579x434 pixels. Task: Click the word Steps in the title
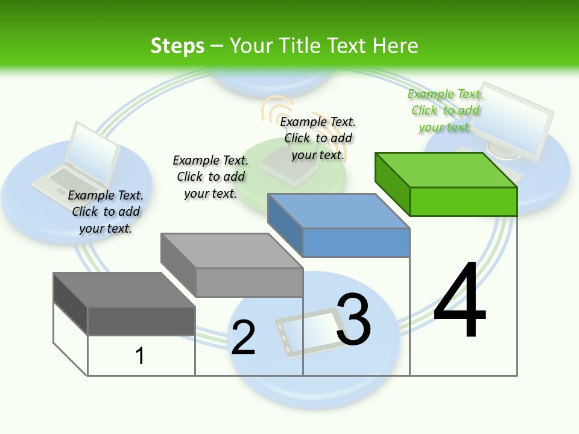[177, 46]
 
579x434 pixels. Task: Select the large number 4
[460, 301]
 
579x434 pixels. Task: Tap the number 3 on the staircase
[353, 319]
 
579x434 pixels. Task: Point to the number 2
[243, 338]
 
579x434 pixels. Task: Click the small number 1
[139, 356]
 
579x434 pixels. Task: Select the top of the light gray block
[232, 250]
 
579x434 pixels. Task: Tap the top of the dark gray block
[124, 289]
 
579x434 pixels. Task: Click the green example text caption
[445, 110]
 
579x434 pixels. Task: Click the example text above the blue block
[318, 139]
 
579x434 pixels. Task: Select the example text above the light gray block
[210, 177]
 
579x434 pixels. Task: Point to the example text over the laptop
[106, 212]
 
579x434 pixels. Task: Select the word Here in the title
[395, 46]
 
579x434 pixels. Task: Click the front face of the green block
[463, 201]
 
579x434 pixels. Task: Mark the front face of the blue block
[356, 242]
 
